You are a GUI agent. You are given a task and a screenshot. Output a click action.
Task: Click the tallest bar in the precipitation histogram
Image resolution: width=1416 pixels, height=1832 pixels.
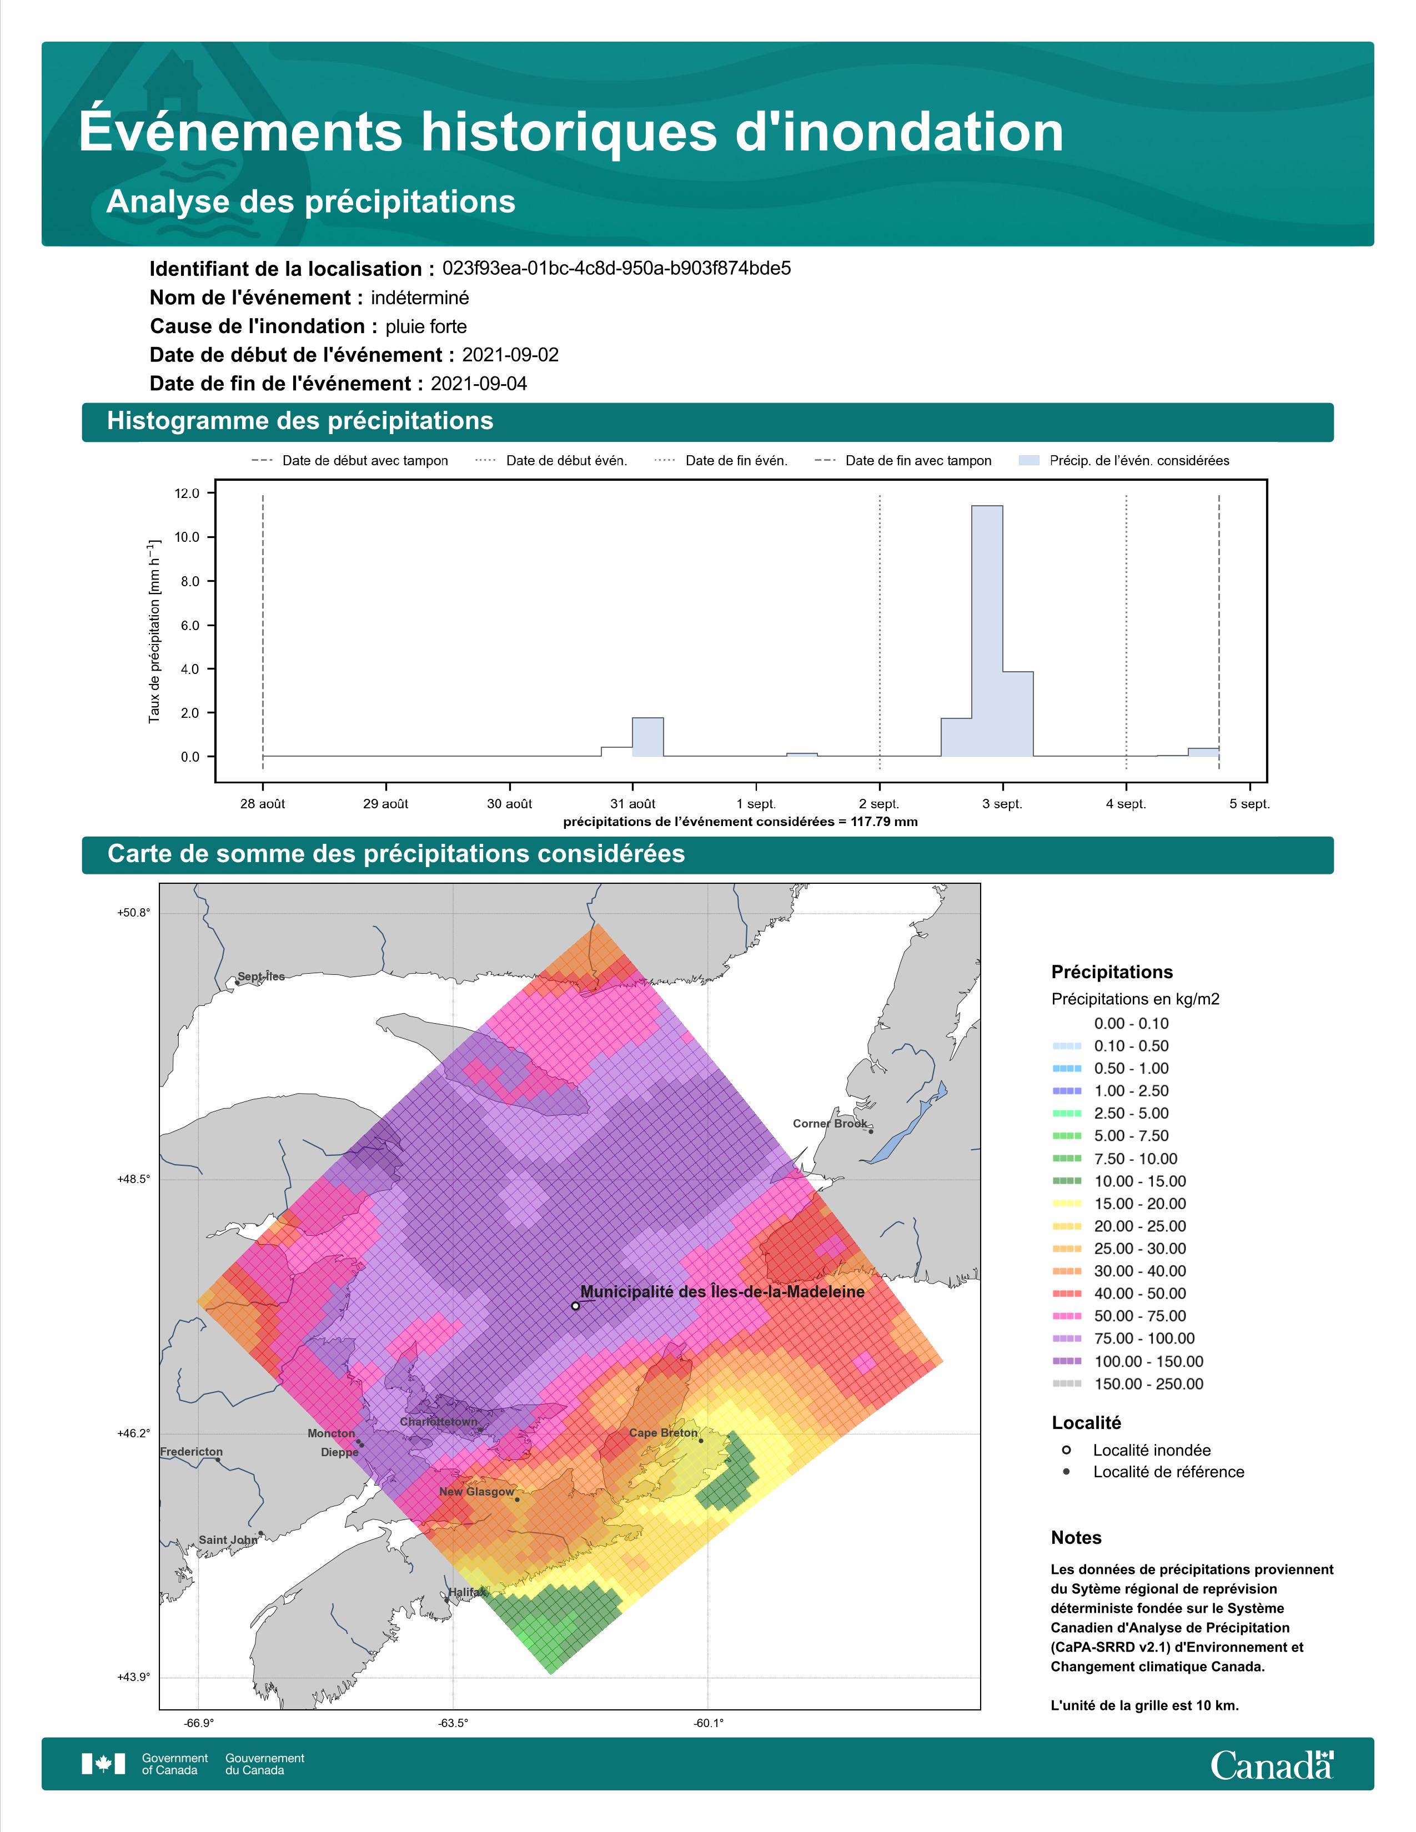(x=987, y=631)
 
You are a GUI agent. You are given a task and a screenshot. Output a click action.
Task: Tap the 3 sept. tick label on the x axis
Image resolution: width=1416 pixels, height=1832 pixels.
(x=1002, y=804)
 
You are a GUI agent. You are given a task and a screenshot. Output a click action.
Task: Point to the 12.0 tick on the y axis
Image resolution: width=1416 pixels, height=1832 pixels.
(x=187, y=493)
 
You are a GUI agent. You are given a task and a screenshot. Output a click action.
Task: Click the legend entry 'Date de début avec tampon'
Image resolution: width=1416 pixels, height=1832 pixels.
(x=350, y=461)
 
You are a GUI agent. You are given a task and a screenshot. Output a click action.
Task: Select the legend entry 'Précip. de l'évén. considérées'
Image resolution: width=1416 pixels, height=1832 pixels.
(x=1124, y=461)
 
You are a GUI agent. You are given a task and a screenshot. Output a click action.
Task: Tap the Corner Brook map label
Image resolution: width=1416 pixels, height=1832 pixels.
(x=830, y=1123)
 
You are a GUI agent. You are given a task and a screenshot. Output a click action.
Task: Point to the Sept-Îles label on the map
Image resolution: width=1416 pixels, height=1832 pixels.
(x=261, y=977)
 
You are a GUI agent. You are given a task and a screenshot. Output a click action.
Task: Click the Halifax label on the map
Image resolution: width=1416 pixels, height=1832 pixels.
(x=466, y=1592)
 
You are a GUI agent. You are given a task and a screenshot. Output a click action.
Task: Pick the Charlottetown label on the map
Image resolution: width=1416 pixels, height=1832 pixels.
(x=438, y=1422)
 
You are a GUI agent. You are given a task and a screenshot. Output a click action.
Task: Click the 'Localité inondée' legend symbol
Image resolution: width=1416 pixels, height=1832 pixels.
(x=1066, y=1450)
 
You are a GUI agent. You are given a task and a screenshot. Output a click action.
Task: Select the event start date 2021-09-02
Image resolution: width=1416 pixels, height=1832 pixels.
(x=510, y=355)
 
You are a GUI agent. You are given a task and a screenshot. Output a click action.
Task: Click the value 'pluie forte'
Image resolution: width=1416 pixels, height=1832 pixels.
(x=426, y=326)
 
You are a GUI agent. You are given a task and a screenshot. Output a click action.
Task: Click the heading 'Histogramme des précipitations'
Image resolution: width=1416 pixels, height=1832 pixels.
(x=300, y=421)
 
